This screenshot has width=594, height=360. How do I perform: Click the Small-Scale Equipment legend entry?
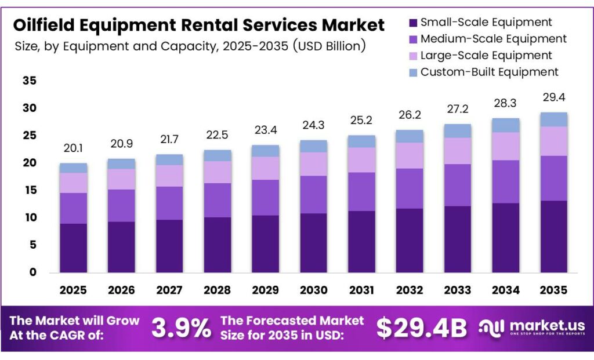[x=486, y=23]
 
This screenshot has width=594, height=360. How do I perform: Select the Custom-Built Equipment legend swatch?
[x=412, y=72]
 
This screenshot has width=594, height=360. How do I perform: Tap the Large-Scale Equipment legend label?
[x=486, y=56]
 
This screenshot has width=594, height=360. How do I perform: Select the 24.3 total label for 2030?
[x=313, y=125]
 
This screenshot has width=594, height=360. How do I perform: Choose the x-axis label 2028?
[x=218, y=289]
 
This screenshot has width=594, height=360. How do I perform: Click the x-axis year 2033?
[x=457, y=289]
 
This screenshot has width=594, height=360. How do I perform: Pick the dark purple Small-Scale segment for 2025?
[x=74, y=248]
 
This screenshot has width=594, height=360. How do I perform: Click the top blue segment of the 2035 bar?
[x=553, y=119]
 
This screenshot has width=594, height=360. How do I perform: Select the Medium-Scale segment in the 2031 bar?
[x=361, y=192]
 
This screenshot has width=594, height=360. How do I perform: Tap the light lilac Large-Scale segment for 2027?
[x=169, y=176]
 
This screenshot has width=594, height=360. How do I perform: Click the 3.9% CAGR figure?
[x=181, y=328]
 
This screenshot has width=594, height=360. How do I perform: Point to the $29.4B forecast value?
[x=421, y=328]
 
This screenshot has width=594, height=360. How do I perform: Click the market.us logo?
[x=531, y=328]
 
